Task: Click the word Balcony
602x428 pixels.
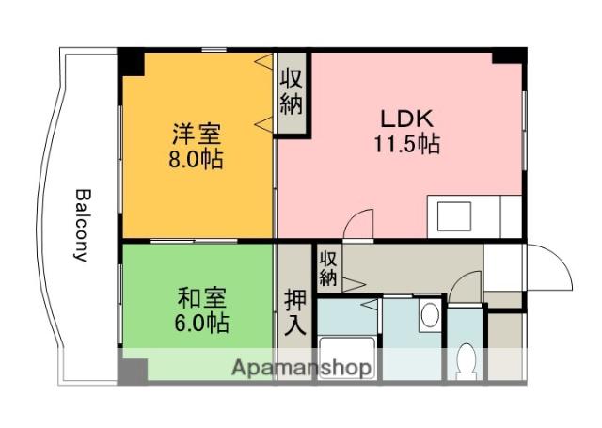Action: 82,226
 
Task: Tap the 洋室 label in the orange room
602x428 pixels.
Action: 197,132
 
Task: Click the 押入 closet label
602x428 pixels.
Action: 295,313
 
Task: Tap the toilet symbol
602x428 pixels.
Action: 465,361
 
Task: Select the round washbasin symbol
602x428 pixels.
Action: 430,314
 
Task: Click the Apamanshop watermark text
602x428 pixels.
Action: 301,367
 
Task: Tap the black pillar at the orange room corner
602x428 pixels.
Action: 131,60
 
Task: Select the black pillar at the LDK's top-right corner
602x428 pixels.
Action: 509,55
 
